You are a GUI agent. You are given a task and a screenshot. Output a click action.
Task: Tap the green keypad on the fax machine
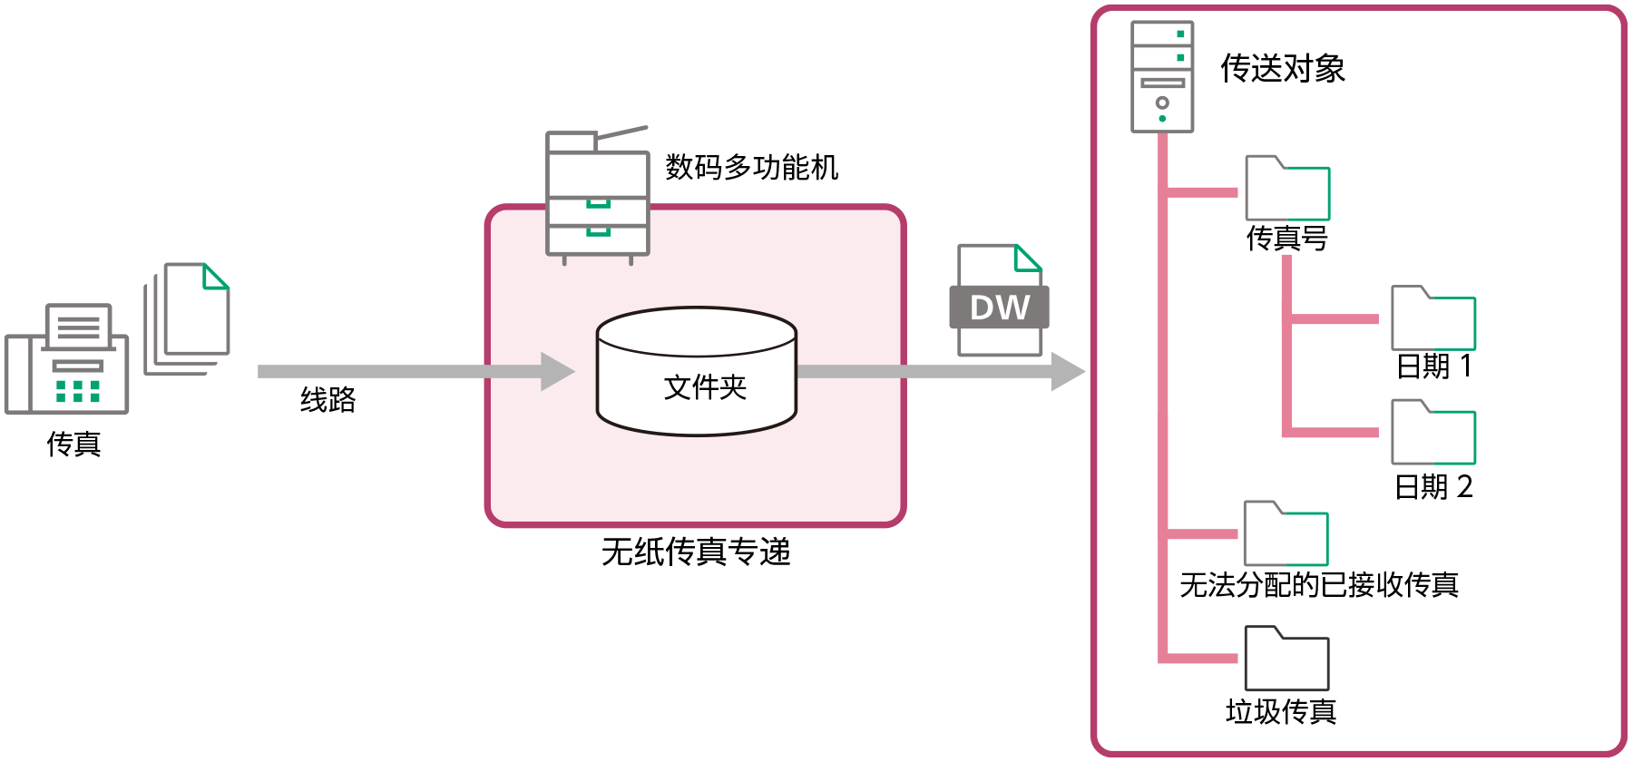[77, 391]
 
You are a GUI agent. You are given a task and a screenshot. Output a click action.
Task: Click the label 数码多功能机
[752, 168]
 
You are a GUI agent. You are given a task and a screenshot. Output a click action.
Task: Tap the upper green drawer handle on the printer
[598, 204]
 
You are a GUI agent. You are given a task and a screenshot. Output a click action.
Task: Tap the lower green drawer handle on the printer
[598, 232]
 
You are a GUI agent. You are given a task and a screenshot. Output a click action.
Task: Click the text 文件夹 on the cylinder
[705, 387]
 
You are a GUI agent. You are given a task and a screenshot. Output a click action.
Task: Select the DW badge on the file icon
[999, 308]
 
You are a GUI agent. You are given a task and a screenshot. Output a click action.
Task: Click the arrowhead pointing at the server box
[1068, 372]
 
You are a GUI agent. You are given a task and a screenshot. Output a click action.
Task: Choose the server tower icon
[1162, 76]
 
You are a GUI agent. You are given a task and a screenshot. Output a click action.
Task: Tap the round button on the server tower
[1162, 103]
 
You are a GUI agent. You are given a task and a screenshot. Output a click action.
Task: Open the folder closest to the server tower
[1287, 189]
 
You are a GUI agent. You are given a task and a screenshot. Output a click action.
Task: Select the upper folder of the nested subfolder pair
[1433, 319]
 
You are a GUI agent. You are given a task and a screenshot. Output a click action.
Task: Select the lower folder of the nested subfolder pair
[1433, 433]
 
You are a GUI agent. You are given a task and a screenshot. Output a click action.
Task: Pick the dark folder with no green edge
[1286, 659]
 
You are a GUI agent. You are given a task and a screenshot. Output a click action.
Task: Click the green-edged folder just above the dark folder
[1286, 534]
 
